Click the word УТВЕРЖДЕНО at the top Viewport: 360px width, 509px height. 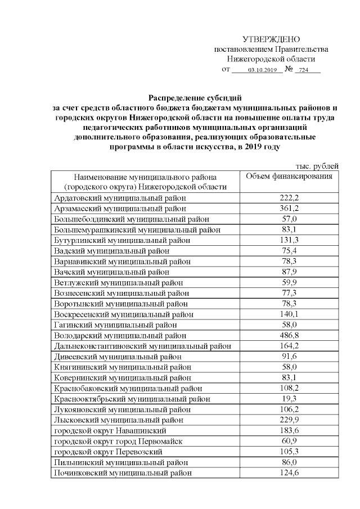click(x=271, y=39)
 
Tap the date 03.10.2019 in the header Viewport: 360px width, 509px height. click(x=260, y=70)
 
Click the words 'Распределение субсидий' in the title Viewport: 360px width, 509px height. click(x=194, y=98)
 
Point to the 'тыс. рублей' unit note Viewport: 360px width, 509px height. click(x=317, y=166)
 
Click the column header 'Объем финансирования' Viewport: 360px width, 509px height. click(x=289, y=176)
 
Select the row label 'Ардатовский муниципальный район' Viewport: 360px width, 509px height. click(x=120, y=198)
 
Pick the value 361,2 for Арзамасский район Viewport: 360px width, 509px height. click(x=289, y=209)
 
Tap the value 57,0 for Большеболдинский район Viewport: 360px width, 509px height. click(x=289, y=219)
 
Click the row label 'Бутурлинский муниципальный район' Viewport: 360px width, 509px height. click(x=122, y=240)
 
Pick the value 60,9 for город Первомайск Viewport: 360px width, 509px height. click(x=289, y=441)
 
